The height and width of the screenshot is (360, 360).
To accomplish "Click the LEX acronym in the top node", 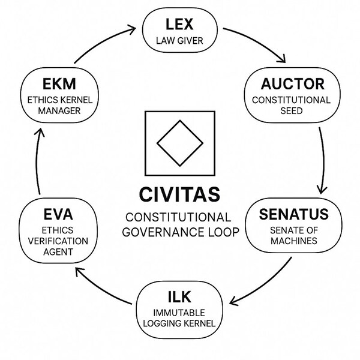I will click(x=179, y=25).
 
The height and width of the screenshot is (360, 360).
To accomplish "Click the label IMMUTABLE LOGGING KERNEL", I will click(x=180, y=318).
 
